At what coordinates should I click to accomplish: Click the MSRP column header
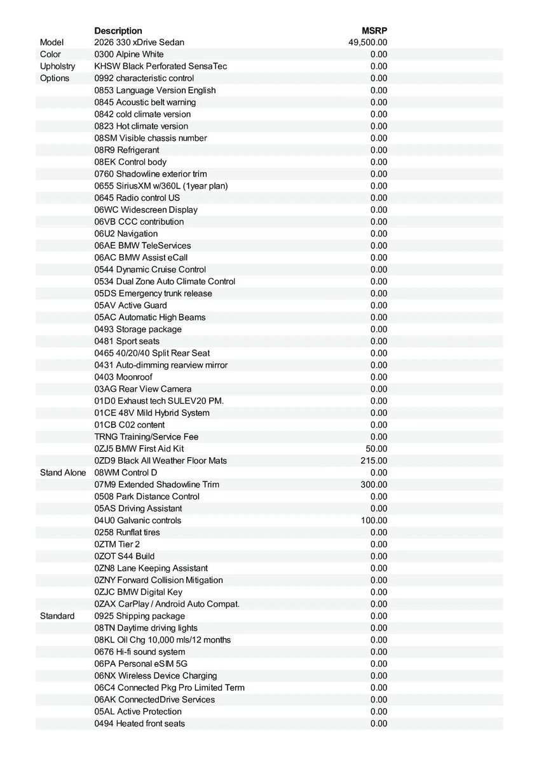(374, 30)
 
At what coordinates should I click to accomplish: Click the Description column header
(118, 30)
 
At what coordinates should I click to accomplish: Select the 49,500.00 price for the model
(368, 43)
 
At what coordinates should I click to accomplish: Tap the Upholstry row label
(57, 66)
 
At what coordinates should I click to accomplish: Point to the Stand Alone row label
(63, 472)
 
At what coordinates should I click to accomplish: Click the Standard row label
(57, 616)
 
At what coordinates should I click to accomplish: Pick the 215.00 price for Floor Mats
(374, 460)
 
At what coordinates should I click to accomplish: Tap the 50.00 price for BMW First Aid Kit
(376, 448)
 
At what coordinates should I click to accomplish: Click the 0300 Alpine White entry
(129, 55)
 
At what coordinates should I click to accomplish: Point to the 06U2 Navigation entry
(126, 234)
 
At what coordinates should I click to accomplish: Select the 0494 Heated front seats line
(140, 723)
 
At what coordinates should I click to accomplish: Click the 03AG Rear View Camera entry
(143, 389)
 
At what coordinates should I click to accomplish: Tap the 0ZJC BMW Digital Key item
(138, 592)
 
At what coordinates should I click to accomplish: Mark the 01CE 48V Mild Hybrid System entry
(152, 413)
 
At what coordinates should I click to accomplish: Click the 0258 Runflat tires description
(127, 532)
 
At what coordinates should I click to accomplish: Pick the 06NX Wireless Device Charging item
(156, 676)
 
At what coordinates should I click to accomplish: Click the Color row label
(50, 55)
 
